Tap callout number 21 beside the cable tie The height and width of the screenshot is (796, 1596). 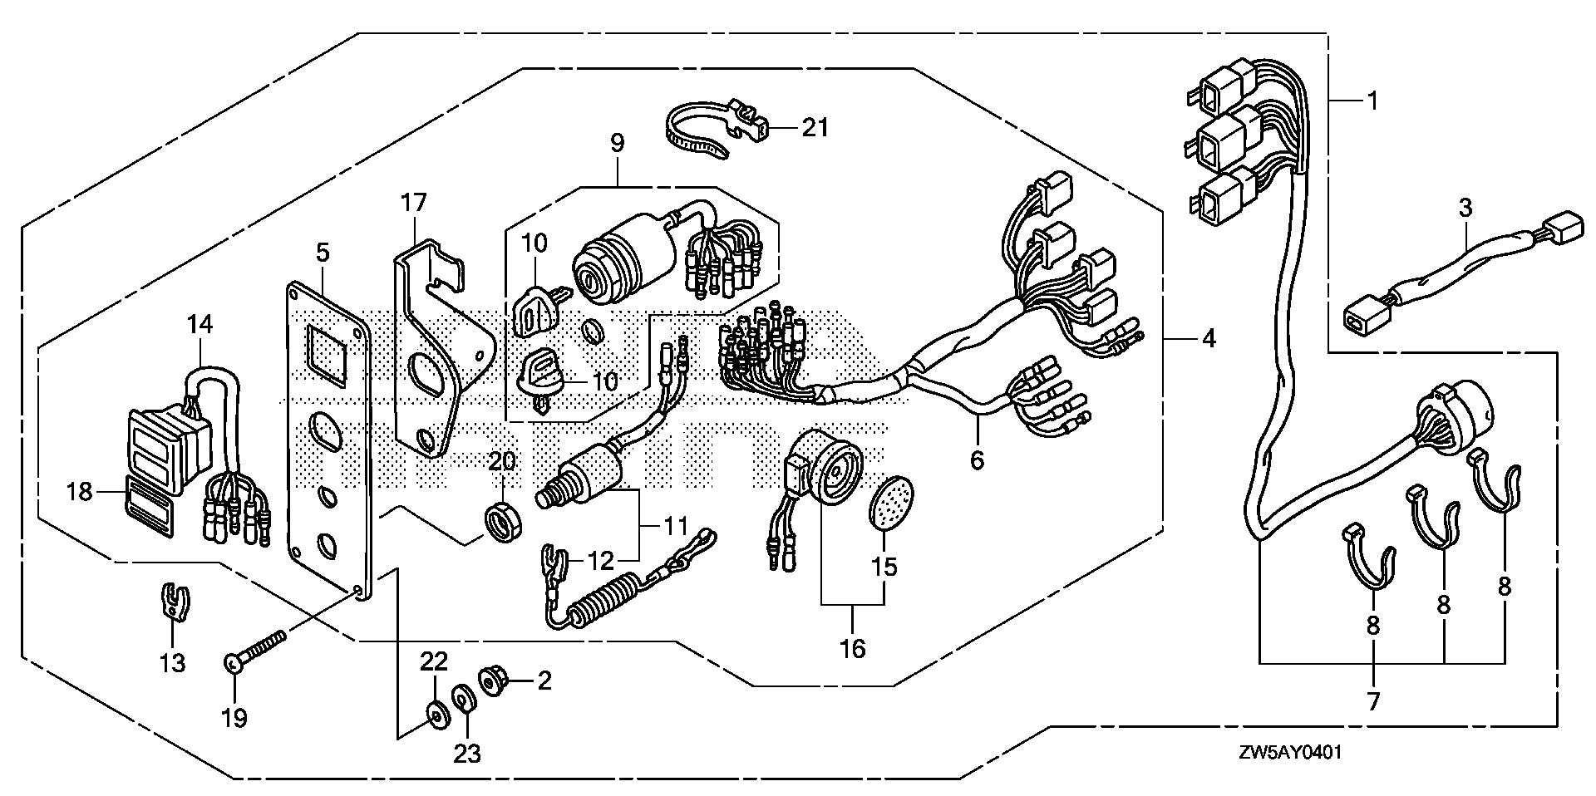[x=815, y=128]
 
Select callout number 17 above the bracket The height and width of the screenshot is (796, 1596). [x=413, y=203]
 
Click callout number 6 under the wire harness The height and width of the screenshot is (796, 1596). [x=977, y=459]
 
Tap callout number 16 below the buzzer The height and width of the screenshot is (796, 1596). [x=853, y=648]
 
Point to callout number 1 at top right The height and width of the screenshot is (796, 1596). [x=1372, y=101]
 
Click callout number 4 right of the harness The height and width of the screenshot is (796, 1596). [x=1208, y=338]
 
